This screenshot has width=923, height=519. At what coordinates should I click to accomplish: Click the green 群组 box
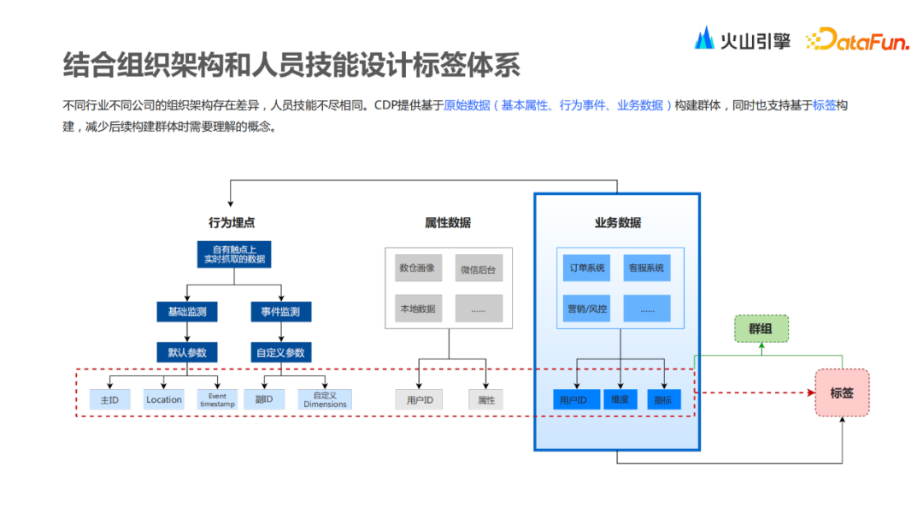pos(761,328)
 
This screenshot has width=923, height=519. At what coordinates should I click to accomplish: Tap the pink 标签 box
pos(842,392)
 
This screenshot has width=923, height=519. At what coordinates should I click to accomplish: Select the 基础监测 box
pos(186,312)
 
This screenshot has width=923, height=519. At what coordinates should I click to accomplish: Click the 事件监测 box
pos(280,312)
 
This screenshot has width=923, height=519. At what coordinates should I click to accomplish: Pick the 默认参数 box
pos(186,352)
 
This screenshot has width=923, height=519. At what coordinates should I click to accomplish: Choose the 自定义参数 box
pos(280,352)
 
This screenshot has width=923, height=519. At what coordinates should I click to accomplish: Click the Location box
pos(163,399)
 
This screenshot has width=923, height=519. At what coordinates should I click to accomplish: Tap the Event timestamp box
pos(216,399)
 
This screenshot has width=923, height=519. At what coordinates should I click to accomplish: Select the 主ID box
pos(109,399)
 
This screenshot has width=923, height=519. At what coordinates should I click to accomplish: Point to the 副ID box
pos(264,399)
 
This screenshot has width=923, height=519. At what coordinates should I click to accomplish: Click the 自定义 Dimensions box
pos(325,399)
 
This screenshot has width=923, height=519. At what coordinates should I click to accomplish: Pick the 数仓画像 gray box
pos(417,268)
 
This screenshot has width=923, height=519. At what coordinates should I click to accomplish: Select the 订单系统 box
pos(587,268)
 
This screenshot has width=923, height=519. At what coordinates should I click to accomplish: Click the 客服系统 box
pos(646,268)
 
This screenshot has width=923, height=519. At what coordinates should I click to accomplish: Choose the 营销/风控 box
pos(587,309)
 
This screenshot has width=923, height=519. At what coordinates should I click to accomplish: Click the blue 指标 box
pos(663,399)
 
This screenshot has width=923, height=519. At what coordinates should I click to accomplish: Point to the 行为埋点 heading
pos(232,223)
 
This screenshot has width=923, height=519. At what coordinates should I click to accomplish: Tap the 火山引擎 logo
pos(742,39)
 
